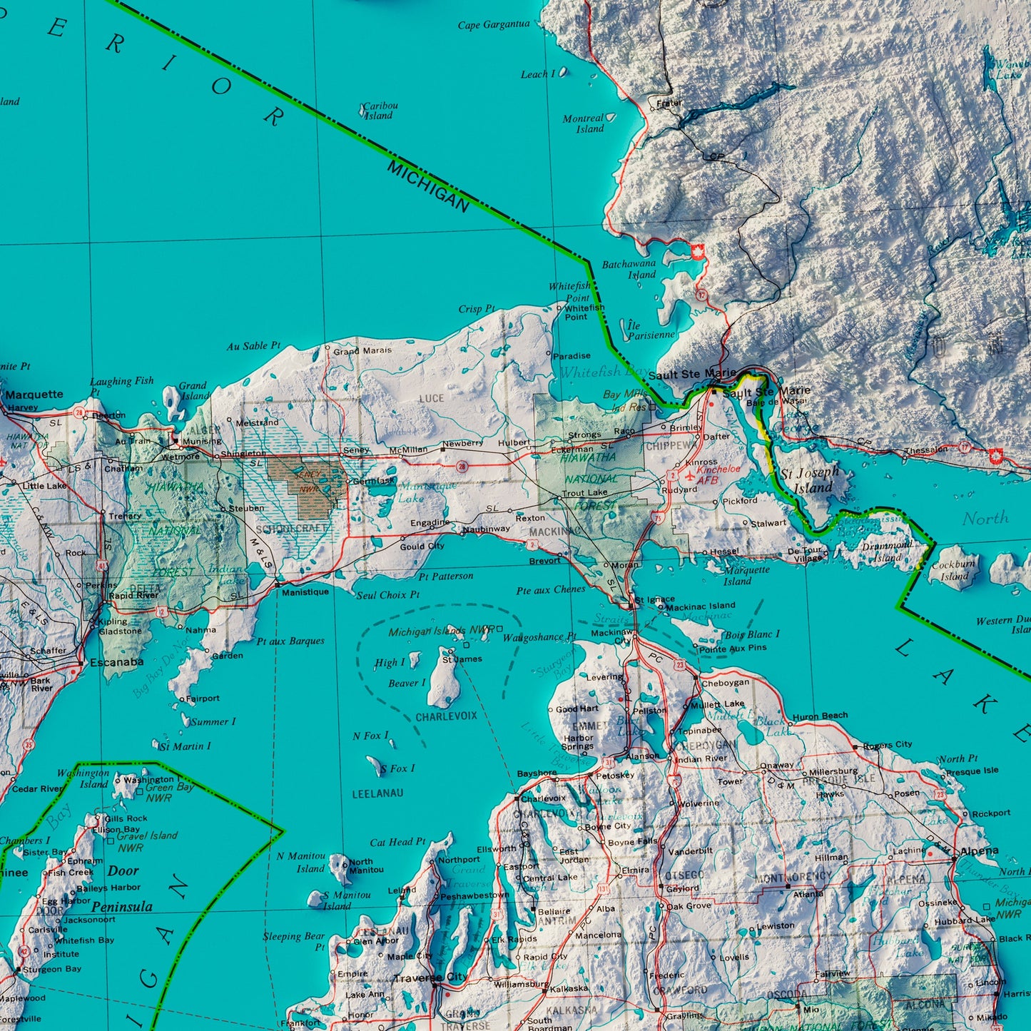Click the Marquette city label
[34, 395]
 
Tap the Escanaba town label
[116, 662]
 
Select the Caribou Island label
[380, 111]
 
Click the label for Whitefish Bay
[604, 372]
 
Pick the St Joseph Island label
[810, 480]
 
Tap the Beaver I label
[407, 684]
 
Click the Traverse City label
[431, 977]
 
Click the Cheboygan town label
[725, 682]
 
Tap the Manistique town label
[305, 592]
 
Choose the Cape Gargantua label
[494, 25]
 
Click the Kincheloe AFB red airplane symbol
[689, 473]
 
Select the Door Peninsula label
[122, 889]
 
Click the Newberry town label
[462, 443]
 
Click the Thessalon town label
[925, 450]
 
